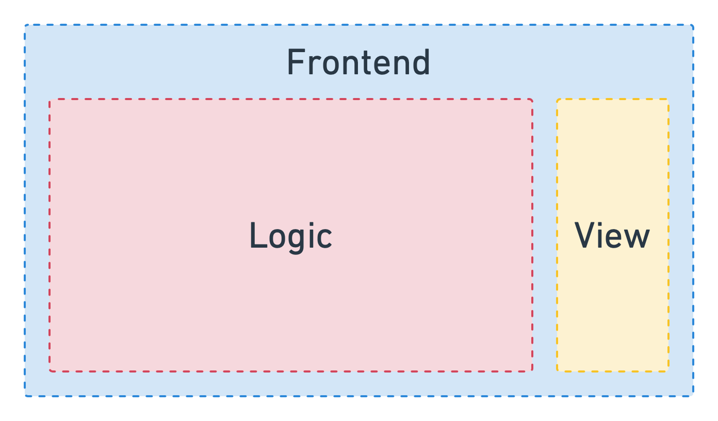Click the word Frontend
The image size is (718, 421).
coord(358,62)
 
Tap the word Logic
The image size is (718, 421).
coord(290,236)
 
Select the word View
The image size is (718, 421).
coord(612,236)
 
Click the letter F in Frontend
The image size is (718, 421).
coord(295,62)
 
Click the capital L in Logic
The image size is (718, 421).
coord(257,236)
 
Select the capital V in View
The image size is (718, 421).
coord(586,235)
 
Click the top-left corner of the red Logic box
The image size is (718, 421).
coord(50,99)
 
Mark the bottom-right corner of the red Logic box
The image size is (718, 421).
coord(532,371)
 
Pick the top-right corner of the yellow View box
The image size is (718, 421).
coord(668,99)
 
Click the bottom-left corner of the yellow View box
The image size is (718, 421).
coord(557,371)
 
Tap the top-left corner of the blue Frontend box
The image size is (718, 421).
coord(25,25)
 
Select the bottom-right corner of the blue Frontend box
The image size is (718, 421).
coord(693,396)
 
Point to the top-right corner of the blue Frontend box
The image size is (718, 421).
coord(693,25)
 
